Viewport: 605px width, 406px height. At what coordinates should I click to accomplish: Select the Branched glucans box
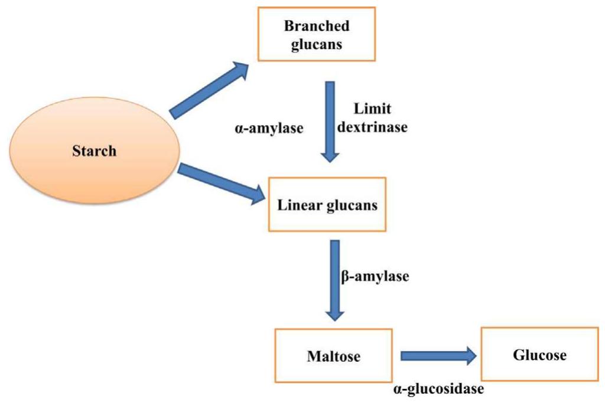point(316,35)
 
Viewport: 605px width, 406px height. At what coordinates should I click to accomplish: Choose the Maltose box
point(334,356)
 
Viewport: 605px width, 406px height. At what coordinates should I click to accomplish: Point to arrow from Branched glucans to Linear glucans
point(330,121)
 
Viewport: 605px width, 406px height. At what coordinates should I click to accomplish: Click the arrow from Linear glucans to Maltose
point(334,278)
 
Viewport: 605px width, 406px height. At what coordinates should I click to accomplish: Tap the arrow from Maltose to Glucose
point(438,356)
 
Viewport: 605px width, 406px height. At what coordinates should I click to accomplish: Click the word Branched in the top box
point(316,26)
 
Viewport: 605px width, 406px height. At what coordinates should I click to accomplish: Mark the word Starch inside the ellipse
point(95,150)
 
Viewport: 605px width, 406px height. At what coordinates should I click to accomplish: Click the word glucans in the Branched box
point(316,45)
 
